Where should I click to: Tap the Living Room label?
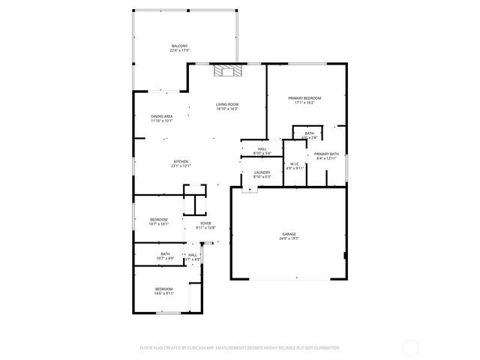click(227, 104)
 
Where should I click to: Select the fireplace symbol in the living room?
click(227, 71)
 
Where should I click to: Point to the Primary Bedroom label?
click(305, 98)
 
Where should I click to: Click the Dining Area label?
click(162, 116)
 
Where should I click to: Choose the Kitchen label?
click(181, 162)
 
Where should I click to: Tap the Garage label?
click(289, 235)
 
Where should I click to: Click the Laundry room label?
click(262, 172)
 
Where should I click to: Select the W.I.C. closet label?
click(295, 164)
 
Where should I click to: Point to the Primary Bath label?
click(326, 154)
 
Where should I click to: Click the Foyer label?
click(205, 223)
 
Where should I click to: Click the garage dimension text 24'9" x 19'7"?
click(289, 239)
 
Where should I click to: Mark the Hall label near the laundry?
click(262, 149)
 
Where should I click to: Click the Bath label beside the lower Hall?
click(165, 253)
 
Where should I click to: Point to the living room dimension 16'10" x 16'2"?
click(227, 109)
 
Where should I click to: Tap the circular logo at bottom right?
click(410, 348)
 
